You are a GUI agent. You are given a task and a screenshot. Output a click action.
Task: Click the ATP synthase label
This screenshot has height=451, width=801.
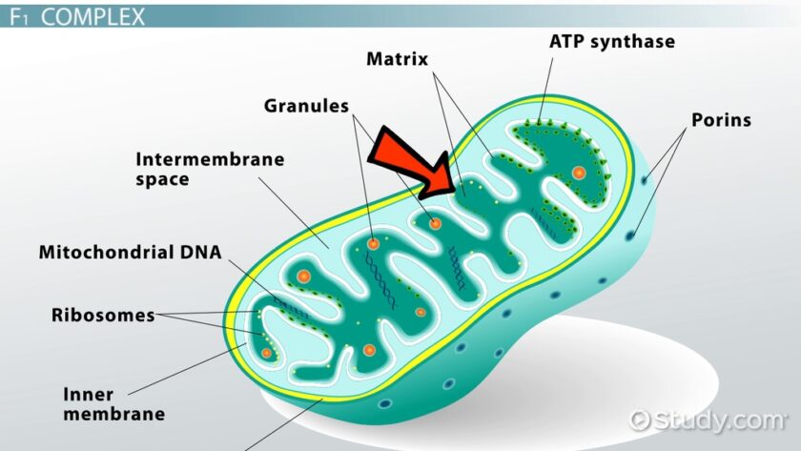[612, 41]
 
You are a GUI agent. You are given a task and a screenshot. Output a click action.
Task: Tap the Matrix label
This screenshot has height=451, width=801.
[397, 59]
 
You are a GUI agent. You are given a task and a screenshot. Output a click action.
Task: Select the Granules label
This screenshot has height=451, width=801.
[306, 106]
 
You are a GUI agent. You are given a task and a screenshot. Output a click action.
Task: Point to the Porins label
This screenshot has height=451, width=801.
[721, 120]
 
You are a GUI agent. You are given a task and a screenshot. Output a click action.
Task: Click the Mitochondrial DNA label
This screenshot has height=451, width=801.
[131, 253]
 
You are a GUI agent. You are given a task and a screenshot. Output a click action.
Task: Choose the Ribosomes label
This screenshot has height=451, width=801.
[103, 316]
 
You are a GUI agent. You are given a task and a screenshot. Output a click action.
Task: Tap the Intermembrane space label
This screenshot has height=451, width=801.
[210, 169]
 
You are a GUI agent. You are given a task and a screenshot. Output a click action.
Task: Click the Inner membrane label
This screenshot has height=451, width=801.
[113, 404]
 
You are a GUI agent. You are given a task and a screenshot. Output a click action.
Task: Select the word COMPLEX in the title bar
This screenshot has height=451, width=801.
[93, 17]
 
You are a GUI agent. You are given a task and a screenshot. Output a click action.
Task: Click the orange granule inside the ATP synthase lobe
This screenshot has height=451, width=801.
[578, 173]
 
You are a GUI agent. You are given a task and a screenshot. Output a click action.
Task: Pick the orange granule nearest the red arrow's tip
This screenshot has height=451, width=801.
[435, 223]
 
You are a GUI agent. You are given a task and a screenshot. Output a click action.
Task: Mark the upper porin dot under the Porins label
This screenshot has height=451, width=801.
[645, 179]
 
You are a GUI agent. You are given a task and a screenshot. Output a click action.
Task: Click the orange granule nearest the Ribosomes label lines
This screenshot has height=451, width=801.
[266, 353]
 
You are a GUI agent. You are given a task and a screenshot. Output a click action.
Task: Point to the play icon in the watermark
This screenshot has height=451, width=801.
[640, 420]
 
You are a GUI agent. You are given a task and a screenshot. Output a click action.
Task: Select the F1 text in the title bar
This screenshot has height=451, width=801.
[18, 17]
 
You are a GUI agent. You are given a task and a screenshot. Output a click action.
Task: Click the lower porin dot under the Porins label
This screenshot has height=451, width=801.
[631, 235]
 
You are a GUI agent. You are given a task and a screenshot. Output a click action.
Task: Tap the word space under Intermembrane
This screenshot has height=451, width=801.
[162, 180]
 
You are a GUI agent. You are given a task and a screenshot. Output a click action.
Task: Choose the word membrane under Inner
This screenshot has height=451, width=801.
[114, 414]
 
